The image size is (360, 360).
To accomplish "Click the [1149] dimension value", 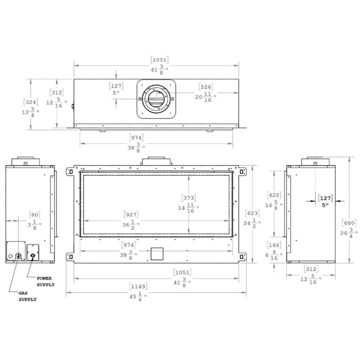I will [x=137, y=287].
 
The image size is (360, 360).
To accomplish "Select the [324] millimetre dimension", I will [x=30, y=101].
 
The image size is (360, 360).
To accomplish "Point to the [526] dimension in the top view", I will [x=206, y=87].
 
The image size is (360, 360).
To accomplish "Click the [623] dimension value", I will [x=253, y=213].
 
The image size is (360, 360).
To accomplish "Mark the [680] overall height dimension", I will [x=349, y=223].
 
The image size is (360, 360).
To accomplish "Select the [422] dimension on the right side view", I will [x=274, y=195].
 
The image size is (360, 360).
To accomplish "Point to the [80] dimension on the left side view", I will [x=34, y=215].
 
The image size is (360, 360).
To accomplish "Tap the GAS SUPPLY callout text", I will [x=28, y=296].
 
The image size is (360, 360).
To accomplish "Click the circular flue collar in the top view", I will [x=157, y=99].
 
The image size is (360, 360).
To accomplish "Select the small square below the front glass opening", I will [x=156, y=253].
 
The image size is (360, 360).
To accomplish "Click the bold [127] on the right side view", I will [x=325, y=197].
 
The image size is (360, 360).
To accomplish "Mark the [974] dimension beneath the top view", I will [x=136, y=137].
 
